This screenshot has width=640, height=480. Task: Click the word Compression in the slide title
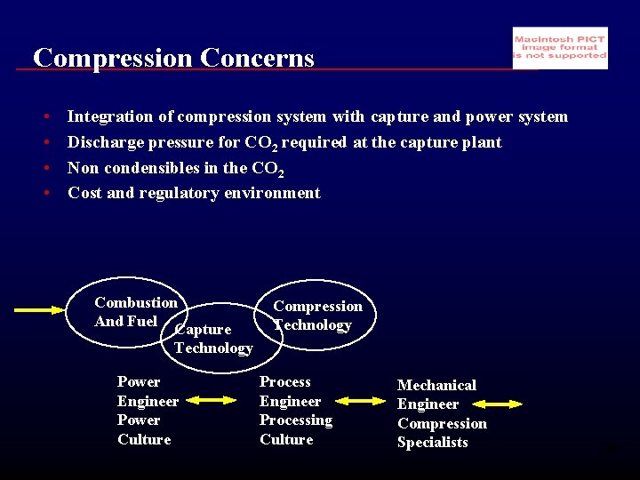coord(113,59)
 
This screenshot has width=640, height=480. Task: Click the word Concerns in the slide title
coord(257,59)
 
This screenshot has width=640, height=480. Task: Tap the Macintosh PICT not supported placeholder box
coord(560,48)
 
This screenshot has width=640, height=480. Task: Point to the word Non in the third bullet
coord(83,168)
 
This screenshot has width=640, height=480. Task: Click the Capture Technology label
coord(212,339)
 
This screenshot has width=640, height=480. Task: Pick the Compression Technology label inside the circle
coord(317,316)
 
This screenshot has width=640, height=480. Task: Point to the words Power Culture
coord(143,429)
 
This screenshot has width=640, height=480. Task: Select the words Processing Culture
coord(295,429)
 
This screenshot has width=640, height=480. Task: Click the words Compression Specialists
coord(442,433)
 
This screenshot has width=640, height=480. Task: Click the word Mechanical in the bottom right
coord(436,385)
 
